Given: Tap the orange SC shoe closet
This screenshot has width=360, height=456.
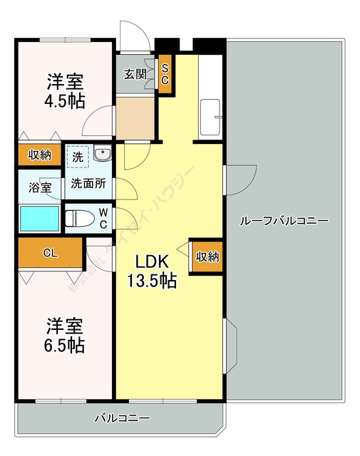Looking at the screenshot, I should tap(165, 75).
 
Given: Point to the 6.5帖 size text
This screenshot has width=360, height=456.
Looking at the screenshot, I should tap(66, 346).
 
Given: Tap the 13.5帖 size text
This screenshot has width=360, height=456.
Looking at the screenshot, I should tap(151, 281).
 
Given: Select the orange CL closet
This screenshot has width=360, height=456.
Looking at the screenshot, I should tap(50, 252).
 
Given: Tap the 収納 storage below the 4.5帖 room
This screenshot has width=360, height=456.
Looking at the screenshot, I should tap(40, 155).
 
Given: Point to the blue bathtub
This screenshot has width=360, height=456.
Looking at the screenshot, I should tap(39, 218).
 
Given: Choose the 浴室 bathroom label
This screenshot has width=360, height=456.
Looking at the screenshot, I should tap(40, 188).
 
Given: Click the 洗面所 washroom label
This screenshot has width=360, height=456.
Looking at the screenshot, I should tap(88, 182).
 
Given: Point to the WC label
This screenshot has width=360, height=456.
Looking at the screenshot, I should tap(103, 218).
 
